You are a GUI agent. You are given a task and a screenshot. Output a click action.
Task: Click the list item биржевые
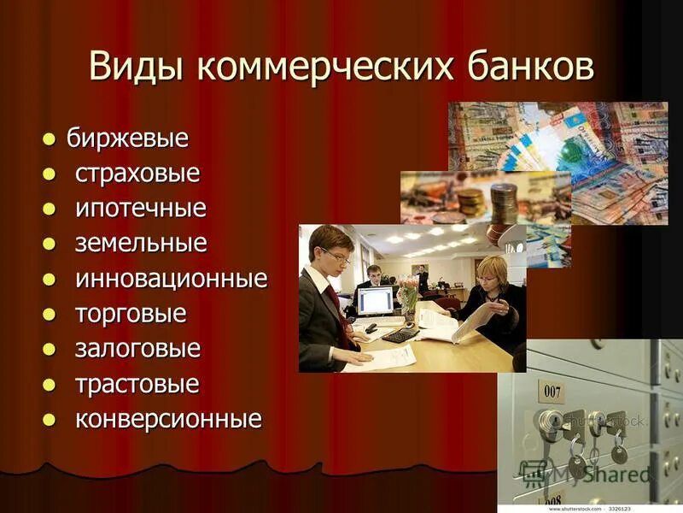(127, 138)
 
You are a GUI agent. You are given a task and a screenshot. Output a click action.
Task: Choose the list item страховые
(137, 174)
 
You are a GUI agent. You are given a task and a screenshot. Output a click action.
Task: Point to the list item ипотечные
(141, 209)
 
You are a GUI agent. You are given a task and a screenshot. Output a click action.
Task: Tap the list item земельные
(141, 244)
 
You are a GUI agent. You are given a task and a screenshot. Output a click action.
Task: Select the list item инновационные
(172, 279)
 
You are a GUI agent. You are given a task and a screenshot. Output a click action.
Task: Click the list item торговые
(131, 314)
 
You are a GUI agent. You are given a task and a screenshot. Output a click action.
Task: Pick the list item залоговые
(137, 349)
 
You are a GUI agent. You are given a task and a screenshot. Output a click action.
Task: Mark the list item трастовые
(137, 384)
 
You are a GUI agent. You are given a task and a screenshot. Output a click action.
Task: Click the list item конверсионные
(168, 419)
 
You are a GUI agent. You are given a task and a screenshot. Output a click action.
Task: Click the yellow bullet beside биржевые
(50, 139)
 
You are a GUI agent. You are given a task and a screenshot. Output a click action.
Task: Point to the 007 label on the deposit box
(552, 392)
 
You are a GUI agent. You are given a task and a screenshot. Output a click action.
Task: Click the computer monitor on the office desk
(375, 301)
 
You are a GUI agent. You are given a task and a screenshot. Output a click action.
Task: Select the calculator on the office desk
(399, 334)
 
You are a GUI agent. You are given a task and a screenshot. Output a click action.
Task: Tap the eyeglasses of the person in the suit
(336, 254)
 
